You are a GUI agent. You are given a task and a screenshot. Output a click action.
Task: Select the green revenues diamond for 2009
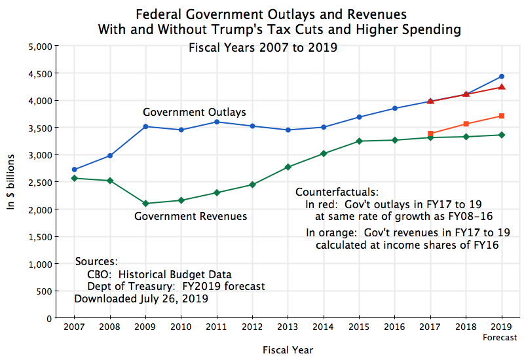click(145, 204)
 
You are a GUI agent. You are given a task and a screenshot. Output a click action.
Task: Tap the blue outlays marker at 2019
click(502, 77)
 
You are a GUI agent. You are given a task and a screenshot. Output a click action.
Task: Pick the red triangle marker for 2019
click(502, 87)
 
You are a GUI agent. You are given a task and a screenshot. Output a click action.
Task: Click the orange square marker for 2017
click(430, 134)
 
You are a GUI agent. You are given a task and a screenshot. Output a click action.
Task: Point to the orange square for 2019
click(502, 116)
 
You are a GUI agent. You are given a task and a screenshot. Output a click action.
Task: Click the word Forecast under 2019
click(500, 338)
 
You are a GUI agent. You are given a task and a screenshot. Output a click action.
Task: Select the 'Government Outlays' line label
click(195, 113)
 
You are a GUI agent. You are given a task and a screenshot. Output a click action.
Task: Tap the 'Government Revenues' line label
click(191, 216)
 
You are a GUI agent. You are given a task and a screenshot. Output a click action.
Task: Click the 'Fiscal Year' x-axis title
click(288, 350)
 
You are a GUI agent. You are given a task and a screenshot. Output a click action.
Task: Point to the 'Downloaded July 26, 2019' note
click(141, 298)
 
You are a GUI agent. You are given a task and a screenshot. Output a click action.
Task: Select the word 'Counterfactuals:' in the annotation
click(337, 192)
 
